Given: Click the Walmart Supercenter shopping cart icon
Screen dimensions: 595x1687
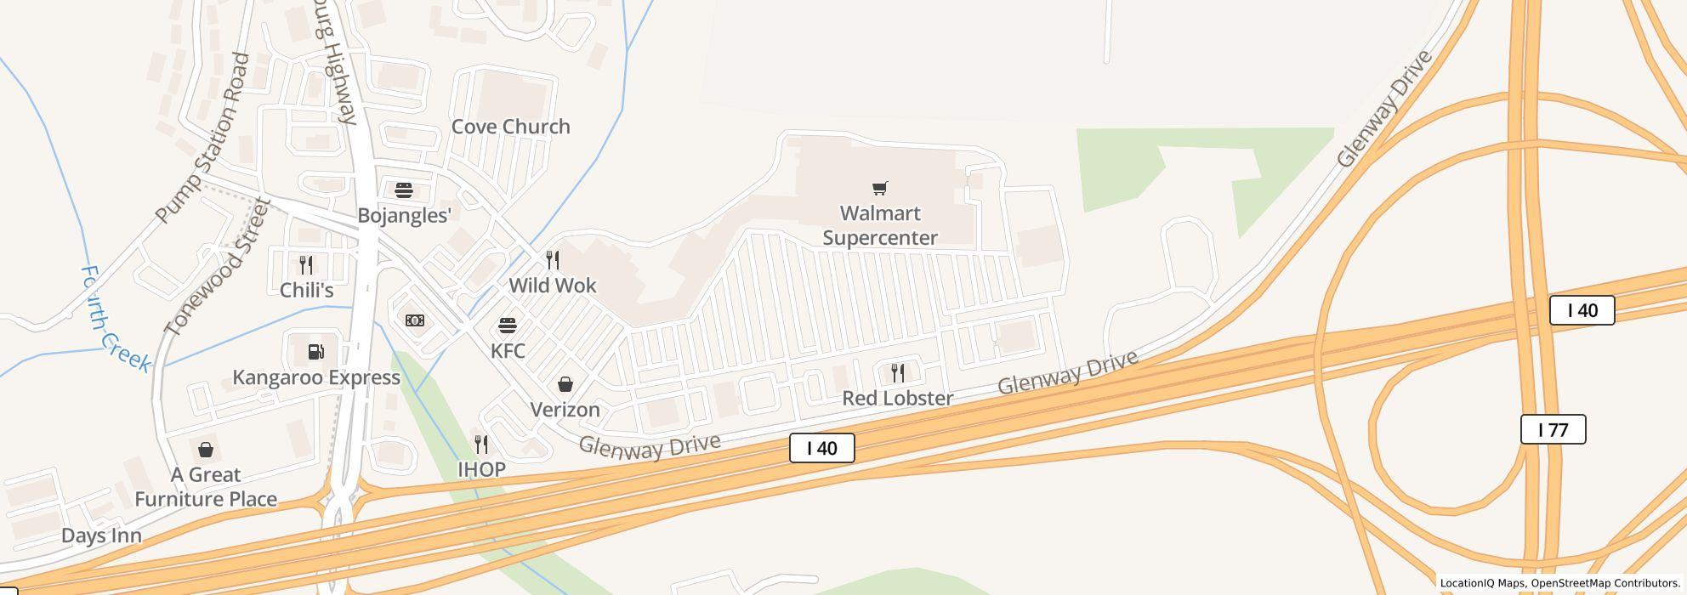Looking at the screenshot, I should [880, 188].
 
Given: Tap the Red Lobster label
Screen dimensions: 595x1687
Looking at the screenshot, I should [897, 398].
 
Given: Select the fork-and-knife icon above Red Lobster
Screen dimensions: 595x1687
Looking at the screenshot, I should [897, 372].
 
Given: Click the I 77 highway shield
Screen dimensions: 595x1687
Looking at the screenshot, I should [1553, 429].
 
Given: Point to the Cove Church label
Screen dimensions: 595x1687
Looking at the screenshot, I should [510, 127].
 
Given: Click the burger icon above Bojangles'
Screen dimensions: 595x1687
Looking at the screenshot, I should [404, 190].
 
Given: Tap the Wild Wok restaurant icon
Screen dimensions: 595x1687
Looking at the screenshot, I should [553, 260].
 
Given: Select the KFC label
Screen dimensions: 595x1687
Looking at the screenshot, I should [508, 350].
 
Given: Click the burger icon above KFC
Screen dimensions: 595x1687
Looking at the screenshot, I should [508, 326].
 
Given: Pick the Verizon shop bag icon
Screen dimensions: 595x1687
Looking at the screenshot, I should [565, 385].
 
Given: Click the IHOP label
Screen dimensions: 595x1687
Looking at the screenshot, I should [481, 469].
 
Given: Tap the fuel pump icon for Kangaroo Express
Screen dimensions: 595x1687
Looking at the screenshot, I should [315, 352].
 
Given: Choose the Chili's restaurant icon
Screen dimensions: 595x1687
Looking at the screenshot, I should [306, 265].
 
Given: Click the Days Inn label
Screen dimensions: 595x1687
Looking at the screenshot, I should [101, 535].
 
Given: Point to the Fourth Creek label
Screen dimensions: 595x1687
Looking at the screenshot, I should [115, 320].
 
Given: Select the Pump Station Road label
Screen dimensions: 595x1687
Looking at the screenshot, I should [204, 138].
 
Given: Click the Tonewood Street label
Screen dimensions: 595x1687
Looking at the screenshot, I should [218, 267].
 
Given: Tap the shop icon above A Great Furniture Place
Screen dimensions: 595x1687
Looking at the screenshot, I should [205, 450].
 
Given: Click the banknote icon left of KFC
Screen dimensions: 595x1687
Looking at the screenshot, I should [415, 320].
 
